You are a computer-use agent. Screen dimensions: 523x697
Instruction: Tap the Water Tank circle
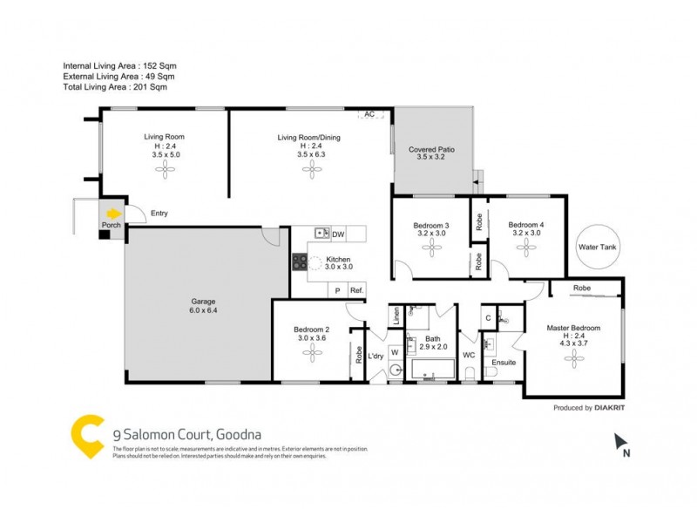(x=597, y=247)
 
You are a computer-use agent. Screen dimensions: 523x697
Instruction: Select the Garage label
(x=203, y=302)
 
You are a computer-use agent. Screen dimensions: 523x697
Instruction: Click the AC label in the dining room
(x=369, y=114)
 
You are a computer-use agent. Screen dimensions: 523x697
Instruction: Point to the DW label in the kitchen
(x=339, y=234)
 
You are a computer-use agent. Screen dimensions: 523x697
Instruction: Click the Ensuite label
(x=504, y=362)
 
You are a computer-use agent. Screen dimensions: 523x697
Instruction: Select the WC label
(x=468, y=355)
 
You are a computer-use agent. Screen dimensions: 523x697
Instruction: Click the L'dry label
(x=376, y=357)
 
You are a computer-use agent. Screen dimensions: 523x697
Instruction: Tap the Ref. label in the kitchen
(x=356, y=290)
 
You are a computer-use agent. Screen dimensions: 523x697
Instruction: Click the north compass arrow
(x=621, y=441)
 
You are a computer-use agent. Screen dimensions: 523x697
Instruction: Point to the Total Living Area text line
(x=114, y=87)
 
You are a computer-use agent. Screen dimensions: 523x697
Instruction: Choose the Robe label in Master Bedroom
(x=584, y=287)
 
